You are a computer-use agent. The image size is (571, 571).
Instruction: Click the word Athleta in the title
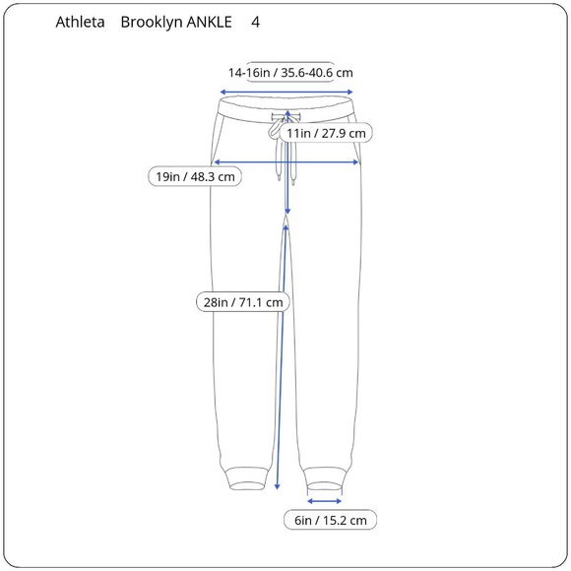[82, 22]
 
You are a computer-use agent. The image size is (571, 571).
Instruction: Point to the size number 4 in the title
[256, 22]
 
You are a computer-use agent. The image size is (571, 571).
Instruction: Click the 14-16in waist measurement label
[290, 73]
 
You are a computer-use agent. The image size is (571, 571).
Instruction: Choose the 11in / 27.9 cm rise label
[326, 132]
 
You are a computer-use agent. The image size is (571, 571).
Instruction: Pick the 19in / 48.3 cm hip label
[196, 177]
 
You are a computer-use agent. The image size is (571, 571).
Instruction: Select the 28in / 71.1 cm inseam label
[242, 302]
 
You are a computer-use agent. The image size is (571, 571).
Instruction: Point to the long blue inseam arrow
[281, 374]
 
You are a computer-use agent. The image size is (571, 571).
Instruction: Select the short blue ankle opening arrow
[325, 499]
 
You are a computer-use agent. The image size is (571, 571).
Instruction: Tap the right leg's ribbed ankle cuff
[325, 477]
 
